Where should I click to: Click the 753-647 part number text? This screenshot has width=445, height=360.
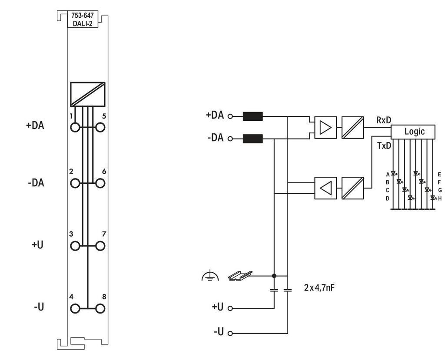tap(82, 16)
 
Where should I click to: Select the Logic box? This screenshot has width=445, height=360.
tap(413, 132)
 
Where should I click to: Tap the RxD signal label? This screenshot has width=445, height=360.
tap(383, 120)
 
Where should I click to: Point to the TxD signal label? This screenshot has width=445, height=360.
tap(384, 146)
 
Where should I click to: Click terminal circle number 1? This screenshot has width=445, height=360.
tap(75, 127)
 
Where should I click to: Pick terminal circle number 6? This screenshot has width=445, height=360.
tap(100, 183)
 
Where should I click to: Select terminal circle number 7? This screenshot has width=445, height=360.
tap(100, 246)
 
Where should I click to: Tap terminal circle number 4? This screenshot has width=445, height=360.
tap(75, 308)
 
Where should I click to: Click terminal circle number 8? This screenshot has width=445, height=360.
tap(100, 308)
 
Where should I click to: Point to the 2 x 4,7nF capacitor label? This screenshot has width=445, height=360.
tap(319, 287)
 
